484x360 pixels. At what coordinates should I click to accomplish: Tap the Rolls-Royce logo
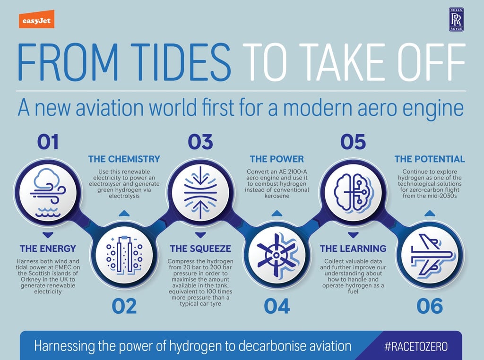[457, 20]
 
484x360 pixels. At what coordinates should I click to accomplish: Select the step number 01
[48, 142]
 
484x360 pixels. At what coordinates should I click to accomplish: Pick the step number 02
[124, 307]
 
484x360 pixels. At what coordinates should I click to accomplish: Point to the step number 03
[200, 142]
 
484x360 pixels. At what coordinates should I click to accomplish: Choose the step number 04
[277, 307]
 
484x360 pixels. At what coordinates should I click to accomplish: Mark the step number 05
[353, 142]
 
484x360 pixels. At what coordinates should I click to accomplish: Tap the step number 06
[429, 307]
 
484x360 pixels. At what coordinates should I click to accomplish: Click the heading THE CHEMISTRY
[124, 159]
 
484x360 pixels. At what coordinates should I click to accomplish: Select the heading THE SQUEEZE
[200, 249]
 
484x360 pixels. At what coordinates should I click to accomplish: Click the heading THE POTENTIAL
[430, 159]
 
